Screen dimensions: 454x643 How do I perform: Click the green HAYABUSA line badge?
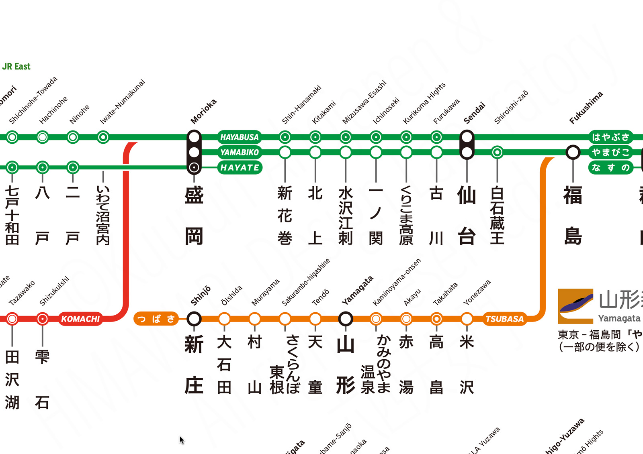tap(239, 137)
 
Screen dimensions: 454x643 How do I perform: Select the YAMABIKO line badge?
tap(239, 153)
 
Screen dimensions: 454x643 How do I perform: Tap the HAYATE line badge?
tap(240, 167)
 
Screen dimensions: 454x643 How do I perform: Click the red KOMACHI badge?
tap(80, 319)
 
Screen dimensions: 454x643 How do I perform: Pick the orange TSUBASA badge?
tap(504, 319)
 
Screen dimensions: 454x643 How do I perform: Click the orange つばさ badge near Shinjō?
tap(156, 319)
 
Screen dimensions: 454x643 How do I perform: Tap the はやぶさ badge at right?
tap(610, 137)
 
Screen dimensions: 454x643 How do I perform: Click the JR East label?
tap(16, 67)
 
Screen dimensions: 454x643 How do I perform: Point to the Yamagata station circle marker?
tap(346, 319)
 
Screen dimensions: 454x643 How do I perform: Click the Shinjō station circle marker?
tap(194, 319)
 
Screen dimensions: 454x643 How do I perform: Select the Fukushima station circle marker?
tap(573, 153)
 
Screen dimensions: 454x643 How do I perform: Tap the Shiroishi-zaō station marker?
tap(497, 153)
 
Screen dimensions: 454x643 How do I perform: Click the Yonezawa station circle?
tap(467, 319)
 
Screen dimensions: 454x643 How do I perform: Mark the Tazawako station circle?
tap(12, 319)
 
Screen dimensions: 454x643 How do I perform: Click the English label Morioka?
tap(203, 112)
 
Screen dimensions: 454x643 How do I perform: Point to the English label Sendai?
tap(474, 113)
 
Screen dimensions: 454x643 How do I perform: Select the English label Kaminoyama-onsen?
tap(397, 282)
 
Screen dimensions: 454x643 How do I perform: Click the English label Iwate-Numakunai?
tap(122, 102)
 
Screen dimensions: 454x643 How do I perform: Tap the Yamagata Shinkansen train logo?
tap(575, 306)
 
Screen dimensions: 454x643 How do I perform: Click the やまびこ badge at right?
tap(610, 153)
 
